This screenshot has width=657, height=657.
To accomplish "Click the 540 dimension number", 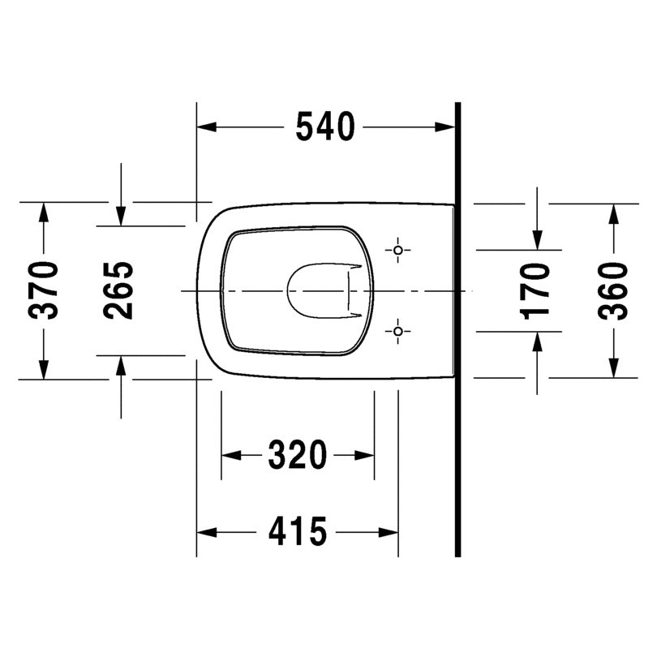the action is click(x=325, y=127).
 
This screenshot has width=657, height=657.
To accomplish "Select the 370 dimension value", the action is click(x=43, y=291).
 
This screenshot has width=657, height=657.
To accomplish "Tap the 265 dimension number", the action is click(x=118, y=291).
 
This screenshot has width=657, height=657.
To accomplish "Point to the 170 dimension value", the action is click(x=535, y=291).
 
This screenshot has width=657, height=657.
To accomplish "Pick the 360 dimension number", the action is click(x=613, y=291).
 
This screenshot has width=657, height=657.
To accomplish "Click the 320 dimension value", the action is click(x=298, y=454).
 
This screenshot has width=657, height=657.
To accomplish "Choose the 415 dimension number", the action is click(x=298, y=531).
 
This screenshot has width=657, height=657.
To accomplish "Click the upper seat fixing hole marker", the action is click(x=398, y=250).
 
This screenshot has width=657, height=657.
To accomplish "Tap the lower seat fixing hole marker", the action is click(x=398, y=332).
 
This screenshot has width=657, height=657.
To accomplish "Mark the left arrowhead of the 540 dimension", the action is click(x=207, y=127).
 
